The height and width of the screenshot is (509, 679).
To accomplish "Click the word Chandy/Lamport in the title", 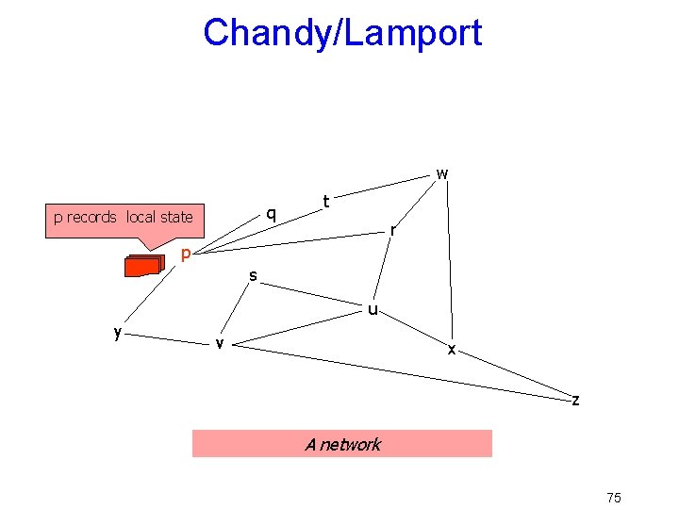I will [x=342, y=33].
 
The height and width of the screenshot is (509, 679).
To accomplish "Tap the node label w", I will [x=441, y=173].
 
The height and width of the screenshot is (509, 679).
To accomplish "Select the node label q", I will [x=271, y=213].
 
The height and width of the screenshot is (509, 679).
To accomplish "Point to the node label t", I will [x=325, y=201].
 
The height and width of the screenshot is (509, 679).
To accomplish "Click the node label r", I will [x=394, y=229].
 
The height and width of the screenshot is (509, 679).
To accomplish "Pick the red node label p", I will [x=187, y=254].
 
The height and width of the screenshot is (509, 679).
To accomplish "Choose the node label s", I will [x=253, y=275].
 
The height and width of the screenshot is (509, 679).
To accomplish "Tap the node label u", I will [x=373, y=308].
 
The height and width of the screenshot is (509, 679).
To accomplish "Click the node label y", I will [x=117, y=332].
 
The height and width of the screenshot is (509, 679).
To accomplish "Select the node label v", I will [x=219, y=343].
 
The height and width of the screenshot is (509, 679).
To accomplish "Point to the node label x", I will [x=452, y=349].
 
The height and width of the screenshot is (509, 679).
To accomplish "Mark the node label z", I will [x=575, y=400].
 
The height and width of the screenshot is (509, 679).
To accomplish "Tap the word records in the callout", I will [x=91, y=217].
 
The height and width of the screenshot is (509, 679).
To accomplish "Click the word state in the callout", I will [x=175, y=217].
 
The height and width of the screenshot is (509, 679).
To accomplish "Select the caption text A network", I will [x=342, y=444].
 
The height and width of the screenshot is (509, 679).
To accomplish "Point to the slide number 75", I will [x=614, y=498].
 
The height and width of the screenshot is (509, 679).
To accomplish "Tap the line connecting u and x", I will [x=413, y=327].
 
